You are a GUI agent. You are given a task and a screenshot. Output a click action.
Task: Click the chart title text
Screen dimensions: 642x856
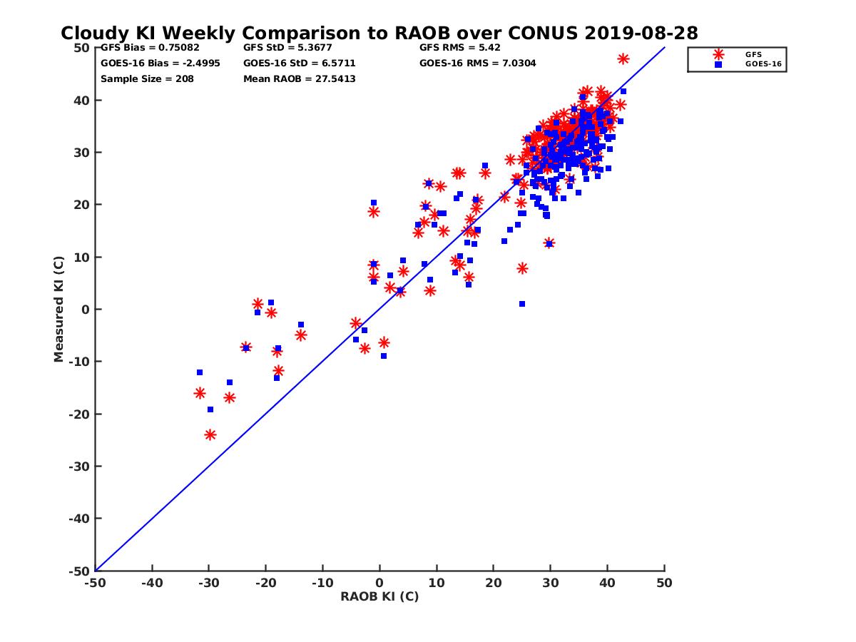click(379, 34)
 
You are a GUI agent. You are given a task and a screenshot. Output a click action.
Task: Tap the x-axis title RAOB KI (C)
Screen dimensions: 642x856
click(379, 596)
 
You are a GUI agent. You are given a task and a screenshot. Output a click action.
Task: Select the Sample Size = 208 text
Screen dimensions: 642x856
click(147, 78)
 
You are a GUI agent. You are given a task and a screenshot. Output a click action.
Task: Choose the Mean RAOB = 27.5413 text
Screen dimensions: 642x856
click(300, 78)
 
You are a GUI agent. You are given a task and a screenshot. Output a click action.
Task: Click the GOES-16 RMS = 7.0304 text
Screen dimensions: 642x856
click(478, 63)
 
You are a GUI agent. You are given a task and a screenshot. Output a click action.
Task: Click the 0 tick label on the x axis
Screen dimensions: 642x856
click(379, 583)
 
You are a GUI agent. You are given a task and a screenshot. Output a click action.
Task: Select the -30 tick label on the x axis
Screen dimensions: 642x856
click(208, 583)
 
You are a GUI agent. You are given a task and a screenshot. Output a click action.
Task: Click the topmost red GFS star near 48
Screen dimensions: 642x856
click(623, 58)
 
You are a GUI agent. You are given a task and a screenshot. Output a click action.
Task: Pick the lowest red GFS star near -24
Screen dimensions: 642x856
click(210, 434)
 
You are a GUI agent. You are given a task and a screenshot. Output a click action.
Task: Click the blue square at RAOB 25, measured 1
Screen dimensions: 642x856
click(522, 304)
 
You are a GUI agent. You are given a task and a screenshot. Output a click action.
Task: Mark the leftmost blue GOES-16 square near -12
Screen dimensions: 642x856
click(200, 372)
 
